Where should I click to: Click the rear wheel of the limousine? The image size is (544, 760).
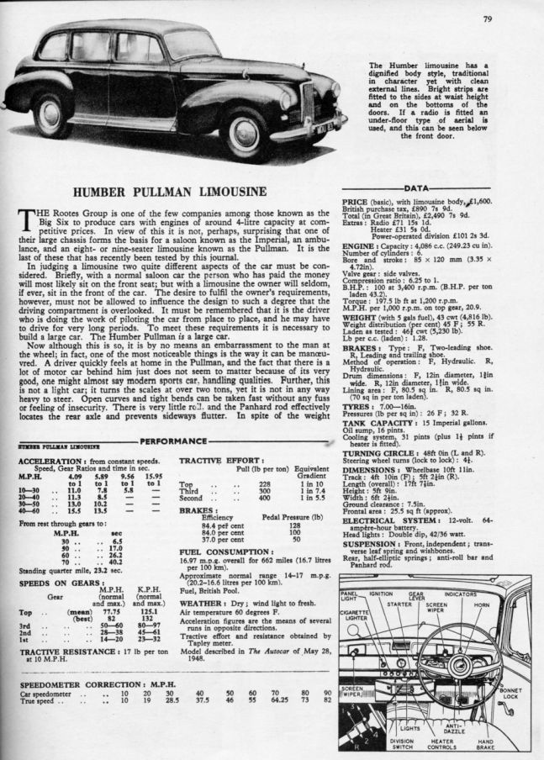coord(51,116)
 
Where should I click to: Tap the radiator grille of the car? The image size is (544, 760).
coord(307,102)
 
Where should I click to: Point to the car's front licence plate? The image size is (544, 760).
coord(324,127)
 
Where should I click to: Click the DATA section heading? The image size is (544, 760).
coord(419,189)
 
